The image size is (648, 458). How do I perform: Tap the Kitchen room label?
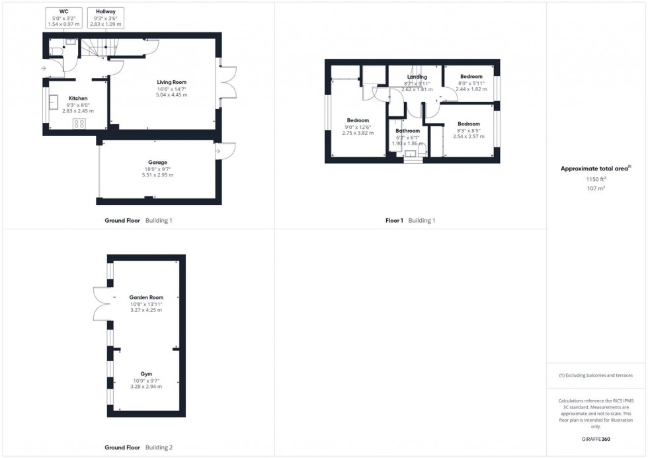coord(78,98)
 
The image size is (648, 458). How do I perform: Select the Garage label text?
coord(157,162)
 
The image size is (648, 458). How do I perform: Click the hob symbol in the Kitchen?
coord(79,124)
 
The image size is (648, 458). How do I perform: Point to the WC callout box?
coord(63,18)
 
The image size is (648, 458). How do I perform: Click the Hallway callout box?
coord(105,18)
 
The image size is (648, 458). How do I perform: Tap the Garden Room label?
coord(146,297)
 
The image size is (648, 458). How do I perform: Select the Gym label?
coord(146,374)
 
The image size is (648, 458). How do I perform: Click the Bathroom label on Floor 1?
coord(408,131)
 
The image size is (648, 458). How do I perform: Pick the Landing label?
coord(416,77)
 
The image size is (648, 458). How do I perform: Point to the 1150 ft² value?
coord(596,179)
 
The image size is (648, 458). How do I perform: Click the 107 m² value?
coord(596,188)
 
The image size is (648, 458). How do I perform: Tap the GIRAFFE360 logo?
coord(596,439)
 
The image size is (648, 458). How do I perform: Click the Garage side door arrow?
coord(218,152)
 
